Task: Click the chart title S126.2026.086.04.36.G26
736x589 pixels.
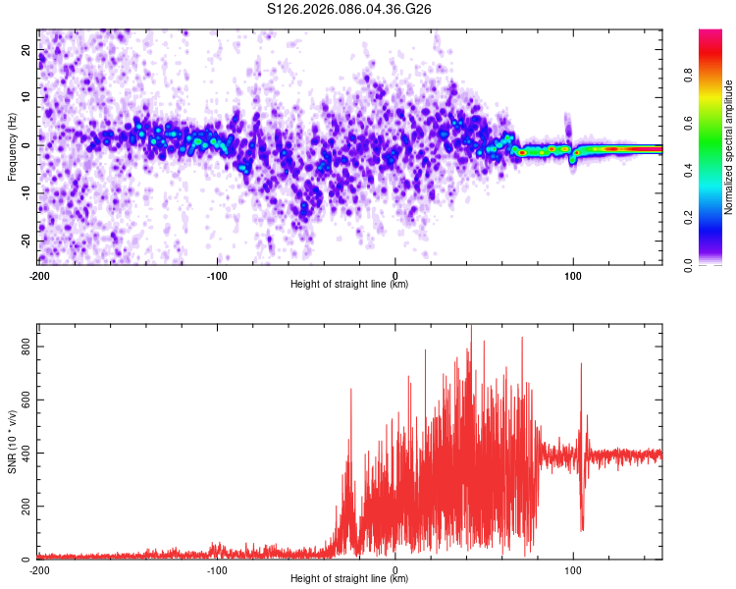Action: (350, 9)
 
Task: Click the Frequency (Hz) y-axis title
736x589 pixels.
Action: (12, 145)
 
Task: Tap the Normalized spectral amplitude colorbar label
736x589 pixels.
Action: (729, 146)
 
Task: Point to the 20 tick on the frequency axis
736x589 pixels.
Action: (26, 49)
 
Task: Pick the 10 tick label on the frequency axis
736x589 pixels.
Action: (26, 97)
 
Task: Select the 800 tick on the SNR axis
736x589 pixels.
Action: (22, 347)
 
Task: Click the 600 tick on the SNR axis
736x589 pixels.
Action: (22, 400)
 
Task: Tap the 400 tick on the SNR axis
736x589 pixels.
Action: (22, 454)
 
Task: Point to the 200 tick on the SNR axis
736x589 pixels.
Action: (22, 507)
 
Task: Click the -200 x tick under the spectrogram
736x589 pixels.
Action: (39, 274)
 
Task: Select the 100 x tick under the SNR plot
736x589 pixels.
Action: (573, 569)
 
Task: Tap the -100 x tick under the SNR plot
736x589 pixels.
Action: (217, 569)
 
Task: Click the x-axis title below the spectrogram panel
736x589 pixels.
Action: (349, 285)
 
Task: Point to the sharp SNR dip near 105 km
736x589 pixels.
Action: (582, 527)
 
